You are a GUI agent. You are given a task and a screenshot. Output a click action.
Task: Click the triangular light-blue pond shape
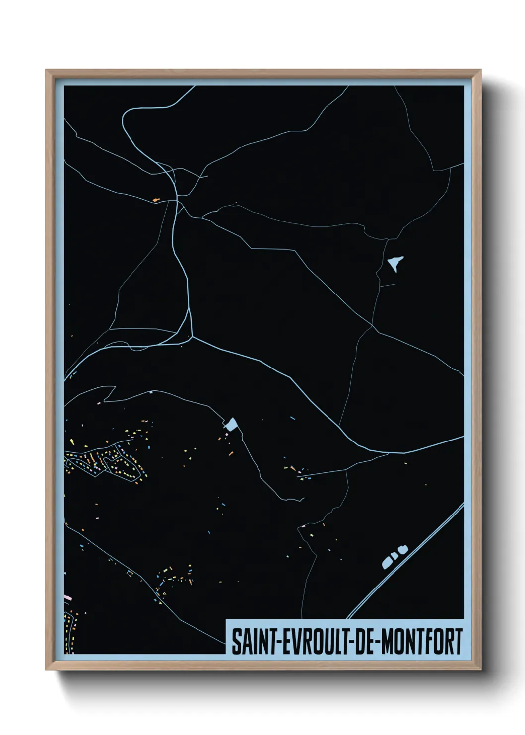click(395, 263)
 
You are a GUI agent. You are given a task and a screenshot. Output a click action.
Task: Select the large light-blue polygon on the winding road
click(232, 424)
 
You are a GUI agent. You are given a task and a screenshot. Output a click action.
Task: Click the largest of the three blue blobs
click(387, 562)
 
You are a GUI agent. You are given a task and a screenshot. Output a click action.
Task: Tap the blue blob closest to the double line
click(403, 548)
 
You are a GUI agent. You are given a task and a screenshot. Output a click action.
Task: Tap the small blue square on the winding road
click(150, 392)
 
